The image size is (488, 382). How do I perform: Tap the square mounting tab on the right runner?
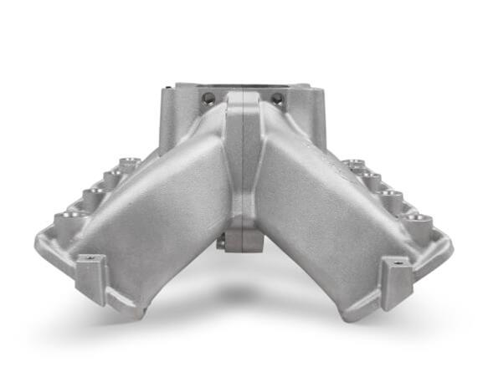395,278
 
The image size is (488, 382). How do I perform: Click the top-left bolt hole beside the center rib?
208,99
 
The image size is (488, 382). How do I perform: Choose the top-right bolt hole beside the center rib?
277,99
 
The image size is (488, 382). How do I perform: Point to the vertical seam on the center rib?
243,167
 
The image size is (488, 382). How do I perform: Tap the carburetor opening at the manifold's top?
243,86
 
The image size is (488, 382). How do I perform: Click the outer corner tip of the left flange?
38,242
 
